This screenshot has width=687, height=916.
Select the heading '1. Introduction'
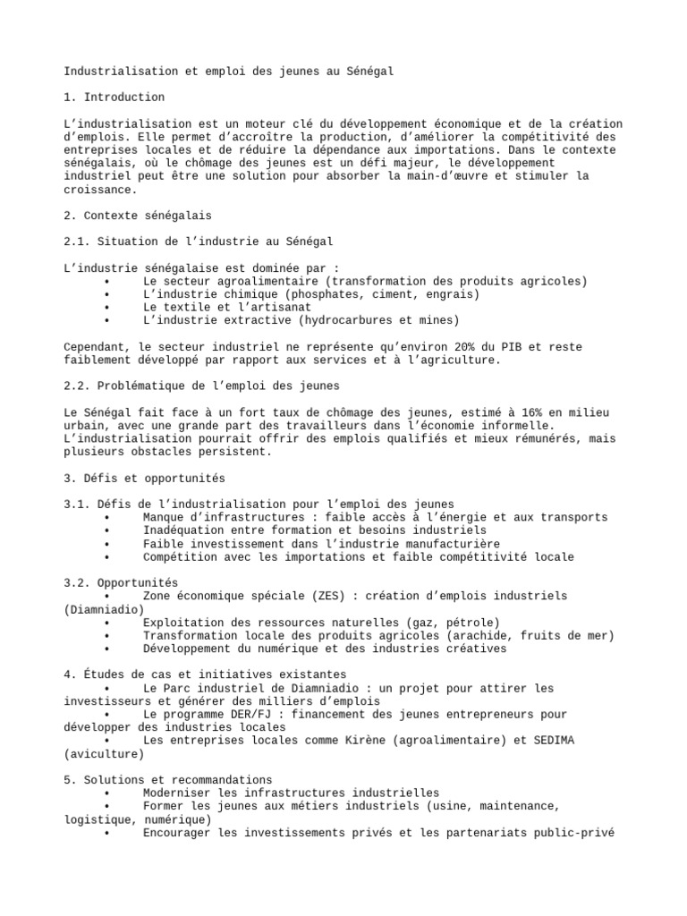(114, 97)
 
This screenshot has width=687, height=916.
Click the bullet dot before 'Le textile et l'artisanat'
(107, 307)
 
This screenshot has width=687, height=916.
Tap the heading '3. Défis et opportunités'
(144, 479)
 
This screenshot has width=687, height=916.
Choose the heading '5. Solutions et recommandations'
(168, 780)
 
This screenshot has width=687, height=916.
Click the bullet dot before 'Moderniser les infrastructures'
(107, 793)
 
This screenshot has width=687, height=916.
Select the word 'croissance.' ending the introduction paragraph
(101, 190)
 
